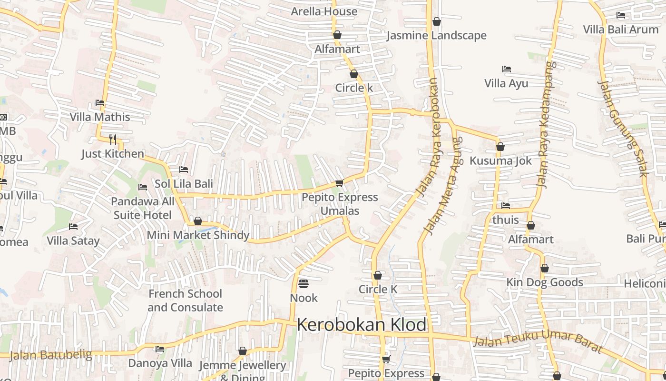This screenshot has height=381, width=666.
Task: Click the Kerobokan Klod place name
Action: [x=362, y=325]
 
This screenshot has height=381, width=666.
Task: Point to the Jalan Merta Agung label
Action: [x=442, y=186]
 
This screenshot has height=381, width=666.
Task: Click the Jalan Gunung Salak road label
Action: [x=624, y=129]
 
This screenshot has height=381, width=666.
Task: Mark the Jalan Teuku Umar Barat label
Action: [x=538, y=341]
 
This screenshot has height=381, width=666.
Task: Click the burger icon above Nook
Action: [x=304, y=284]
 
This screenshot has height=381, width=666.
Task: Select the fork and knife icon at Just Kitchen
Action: [x=113, y=139]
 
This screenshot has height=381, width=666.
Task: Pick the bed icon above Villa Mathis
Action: [x=100, y=103]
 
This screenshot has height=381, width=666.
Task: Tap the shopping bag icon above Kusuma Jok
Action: [x=500, y=147]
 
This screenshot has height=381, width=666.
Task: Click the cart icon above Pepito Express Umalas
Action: [x=339, y=183]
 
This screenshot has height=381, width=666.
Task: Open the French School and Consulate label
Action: [x=185, y=301]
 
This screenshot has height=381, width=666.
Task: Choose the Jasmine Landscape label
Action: [x=436, y=36]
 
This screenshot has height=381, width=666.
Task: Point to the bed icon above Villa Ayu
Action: [x=506, y=69]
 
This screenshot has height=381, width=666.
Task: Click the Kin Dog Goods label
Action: [x=544, y=282]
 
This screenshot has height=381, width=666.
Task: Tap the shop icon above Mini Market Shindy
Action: [x=198, y=221]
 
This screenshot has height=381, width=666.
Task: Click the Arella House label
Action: [x=324, y=11]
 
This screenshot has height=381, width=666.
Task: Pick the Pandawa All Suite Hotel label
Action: [x=143, y=208]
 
